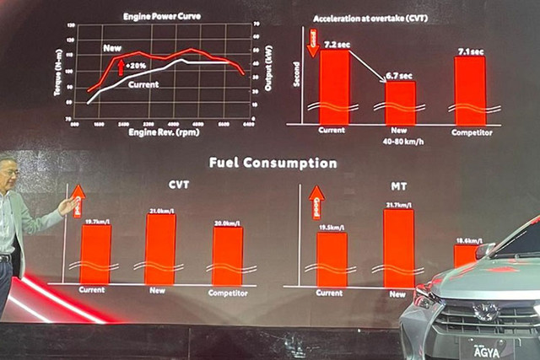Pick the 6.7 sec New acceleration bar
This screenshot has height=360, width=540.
(399, 103)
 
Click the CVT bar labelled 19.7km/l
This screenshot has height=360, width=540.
(95, 253)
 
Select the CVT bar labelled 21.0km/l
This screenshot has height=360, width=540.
(160, 249)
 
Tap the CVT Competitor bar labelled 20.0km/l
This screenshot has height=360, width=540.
(227, 255)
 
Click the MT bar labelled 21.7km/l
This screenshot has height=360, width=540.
(398, 248)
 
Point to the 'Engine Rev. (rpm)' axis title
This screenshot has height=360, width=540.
(164, 132)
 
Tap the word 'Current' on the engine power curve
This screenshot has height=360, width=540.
(145, 83)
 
